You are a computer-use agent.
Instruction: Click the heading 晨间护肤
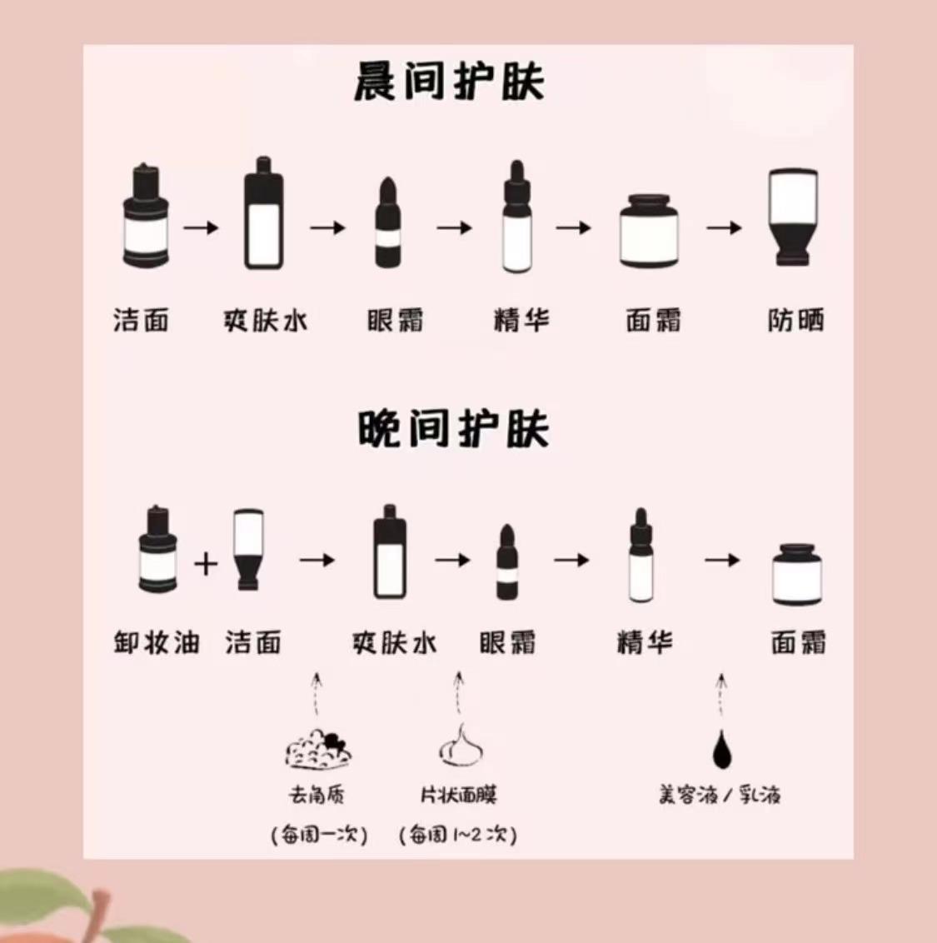pos(449,83)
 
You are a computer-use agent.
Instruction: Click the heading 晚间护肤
pos(453,430)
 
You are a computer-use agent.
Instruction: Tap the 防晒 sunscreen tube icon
pos(793,217)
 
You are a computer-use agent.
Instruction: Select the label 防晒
pos(795,321)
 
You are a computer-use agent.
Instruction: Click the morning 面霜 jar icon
pos(650,231)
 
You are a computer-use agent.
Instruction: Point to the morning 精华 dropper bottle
pos(516,218)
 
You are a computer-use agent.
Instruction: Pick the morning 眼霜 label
pos(395,321)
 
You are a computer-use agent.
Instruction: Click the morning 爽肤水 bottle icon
pos(264,215)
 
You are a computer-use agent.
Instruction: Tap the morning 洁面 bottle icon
pos(147,218)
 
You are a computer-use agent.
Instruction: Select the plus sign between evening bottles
pos(206,564)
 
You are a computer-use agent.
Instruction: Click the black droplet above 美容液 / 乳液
pos(721,750)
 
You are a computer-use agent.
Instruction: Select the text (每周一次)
pos(319,834)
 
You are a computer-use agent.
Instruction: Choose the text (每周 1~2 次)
pos(458,834)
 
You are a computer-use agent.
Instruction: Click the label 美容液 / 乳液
pos(720,795)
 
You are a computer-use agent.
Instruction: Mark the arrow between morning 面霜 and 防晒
pos(723,227)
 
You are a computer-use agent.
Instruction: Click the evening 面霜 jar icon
pos(797,574)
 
